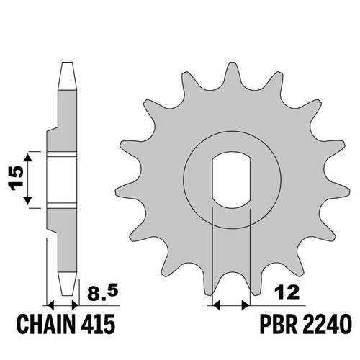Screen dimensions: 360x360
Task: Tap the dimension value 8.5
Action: tap(103, 293)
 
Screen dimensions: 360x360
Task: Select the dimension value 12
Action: tap(287, 292)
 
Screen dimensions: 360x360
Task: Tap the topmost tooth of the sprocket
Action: tap(232, 72)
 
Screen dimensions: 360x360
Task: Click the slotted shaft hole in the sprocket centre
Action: tap(231, 179)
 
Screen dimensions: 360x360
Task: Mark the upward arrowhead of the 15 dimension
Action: tap(28, 158)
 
